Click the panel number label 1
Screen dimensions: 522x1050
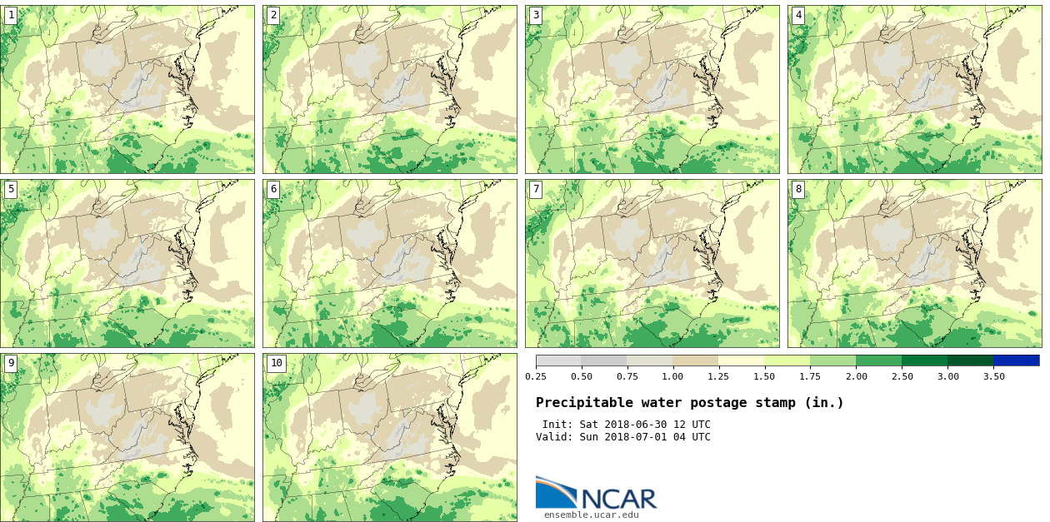point(11,15)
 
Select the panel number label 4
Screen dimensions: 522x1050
point(798,15)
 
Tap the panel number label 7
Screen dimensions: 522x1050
point(536,189)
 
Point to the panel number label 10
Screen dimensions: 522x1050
point(276,363)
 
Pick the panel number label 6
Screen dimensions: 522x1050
point(273,189)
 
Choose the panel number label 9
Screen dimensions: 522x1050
point(11,363)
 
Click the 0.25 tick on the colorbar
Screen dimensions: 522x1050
point(536,376)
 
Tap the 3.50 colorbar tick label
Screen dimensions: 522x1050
point(993,376)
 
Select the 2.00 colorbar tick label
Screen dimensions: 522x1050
point(856,376)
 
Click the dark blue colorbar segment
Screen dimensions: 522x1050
point(1016,360)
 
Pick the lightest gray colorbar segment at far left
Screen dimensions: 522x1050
point(558,360)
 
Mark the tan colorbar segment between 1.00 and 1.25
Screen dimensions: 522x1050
point(696,360)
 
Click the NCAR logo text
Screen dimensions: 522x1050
point(618,498)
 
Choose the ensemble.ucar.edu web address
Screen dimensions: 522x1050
point(591,515)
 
